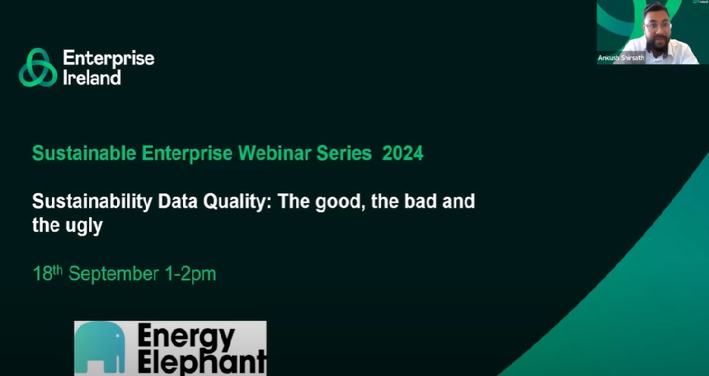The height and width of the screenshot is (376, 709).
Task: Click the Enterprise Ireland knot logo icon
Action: [38, 67]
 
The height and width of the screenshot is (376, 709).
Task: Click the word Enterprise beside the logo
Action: [109, 59]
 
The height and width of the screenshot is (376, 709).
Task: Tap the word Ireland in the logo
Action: [92, 78]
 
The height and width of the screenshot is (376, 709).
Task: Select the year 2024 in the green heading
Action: [403, 154]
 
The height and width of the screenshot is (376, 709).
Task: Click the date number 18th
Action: [47, 274]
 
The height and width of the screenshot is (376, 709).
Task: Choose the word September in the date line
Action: [115, 274]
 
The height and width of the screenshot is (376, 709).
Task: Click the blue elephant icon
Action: [100, 350]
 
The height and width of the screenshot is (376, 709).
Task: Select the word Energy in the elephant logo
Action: [185, 336]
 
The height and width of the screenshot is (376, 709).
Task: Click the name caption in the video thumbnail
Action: [621, 58]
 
